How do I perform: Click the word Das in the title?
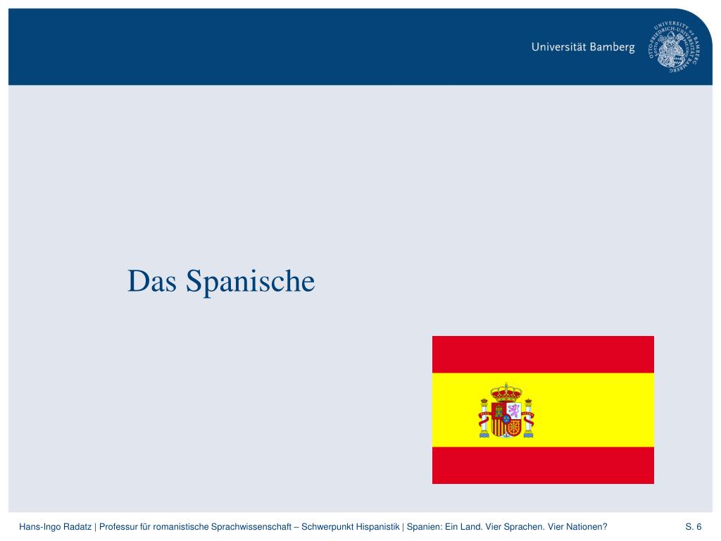click(151, 282)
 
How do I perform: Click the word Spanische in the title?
click(250, 282)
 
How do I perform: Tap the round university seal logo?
click(677, 46)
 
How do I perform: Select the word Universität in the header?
click(558, 48)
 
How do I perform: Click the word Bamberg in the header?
click(612, 48)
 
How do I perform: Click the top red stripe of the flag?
click(543, 354)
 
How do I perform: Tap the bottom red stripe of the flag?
click(543, 465)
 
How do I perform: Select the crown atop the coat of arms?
click(506, 390)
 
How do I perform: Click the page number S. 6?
click(694, 527)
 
